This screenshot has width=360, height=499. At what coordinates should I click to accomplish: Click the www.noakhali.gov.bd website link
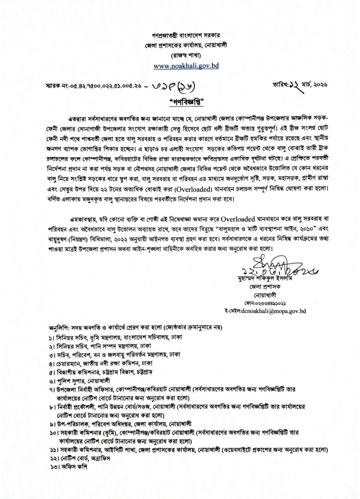[186, 65]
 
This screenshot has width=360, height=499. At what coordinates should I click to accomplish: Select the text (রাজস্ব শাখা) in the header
[186, 55]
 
